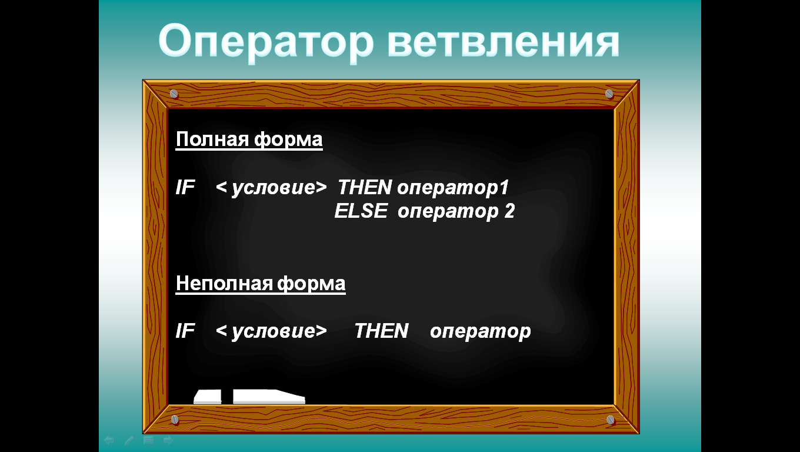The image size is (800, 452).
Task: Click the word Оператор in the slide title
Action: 266,42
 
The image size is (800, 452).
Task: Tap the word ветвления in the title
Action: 503,42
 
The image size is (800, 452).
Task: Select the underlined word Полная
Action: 212,139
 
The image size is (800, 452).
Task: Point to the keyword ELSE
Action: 361,211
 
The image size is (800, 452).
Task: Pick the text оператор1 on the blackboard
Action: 453,188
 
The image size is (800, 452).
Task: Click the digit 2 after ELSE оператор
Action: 509,211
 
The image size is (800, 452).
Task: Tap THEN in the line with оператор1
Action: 365,187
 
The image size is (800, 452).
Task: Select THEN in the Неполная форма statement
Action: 381,331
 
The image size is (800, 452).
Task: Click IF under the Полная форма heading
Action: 185,187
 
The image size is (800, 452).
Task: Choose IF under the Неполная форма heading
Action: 185,331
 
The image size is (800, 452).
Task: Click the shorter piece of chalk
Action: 208,397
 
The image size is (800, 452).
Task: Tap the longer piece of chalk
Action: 269,397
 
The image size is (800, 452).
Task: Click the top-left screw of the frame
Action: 174,94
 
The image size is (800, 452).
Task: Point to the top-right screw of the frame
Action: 609,94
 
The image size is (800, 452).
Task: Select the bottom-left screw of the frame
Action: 175,420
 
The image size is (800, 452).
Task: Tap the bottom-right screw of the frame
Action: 611,420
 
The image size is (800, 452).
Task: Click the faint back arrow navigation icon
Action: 109,440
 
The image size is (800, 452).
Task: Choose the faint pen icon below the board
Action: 129,441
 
